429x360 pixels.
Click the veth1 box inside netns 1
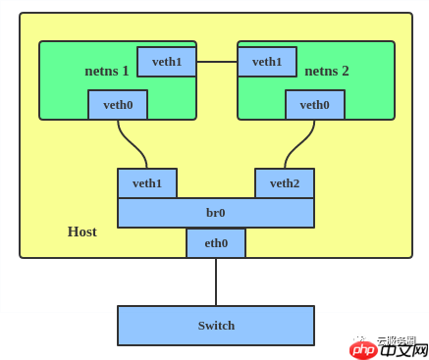click(167, 62)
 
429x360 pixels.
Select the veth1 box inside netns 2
click(267, 62)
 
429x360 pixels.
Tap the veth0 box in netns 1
click(118, 105)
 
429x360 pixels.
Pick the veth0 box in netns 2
click(315, 105)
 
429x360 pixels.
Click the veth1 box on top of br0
click(147, 183)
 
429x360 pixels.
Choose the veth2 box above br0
click(285, 183)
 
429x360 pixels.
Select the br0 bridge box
click(216, 213)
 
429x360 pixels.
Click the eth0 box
click(216, 243)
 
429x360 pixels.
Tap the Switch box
click(216, 326)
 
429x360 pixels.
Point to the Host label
click(81, 231)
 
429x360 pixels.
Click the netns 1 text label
click(107, 71)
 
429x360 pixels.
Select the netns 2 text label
click(327, 71)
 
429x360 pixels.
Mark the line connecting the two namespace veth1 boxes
click(217, 62)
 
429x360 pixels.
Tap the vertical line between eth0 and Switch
click(216, 282)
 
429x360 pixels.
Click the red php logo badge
click(364, 349)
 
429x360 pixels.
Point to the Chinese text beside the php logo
click(403, 349)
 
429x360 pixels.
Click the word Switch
click(216, 326)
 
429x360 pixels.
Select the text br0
click(216, 213)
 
